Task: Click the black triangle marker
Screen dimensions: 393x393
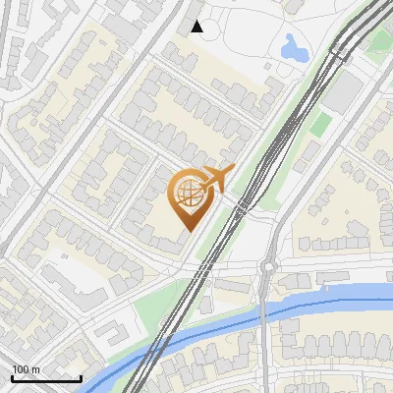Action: click(197, 27)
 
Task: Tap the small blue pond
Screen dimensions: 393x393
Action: click(293, 46)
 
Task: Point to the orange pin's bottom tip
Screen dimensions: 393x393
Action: click(186, 230)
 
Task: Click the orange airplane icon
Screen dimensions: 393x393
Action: click(217, 179)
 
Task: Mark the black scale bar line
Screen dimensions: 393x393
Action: click(46, 378)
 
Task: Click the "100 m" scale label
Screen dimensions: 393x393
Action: click(26, 370)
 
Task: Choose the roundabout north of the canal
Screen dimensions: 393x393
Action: click(267, 267)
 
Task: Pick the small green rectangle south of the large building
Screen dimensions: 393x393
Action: click(319, 124)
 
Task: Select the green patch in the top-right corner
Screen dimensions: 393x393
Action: click(377, 39)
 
